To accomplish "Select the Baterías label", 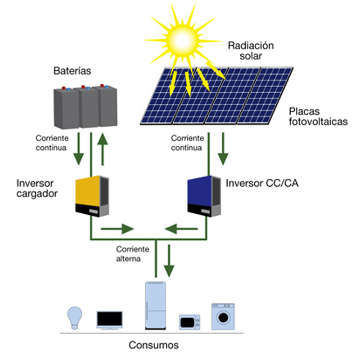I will (x=72, y=71).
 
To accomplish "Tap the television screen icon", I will (x=109, y=319).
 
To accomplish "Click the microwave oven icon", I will (x=190, y=322).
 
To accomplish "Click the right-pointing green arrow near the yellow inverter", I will (x=117, y=229).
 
